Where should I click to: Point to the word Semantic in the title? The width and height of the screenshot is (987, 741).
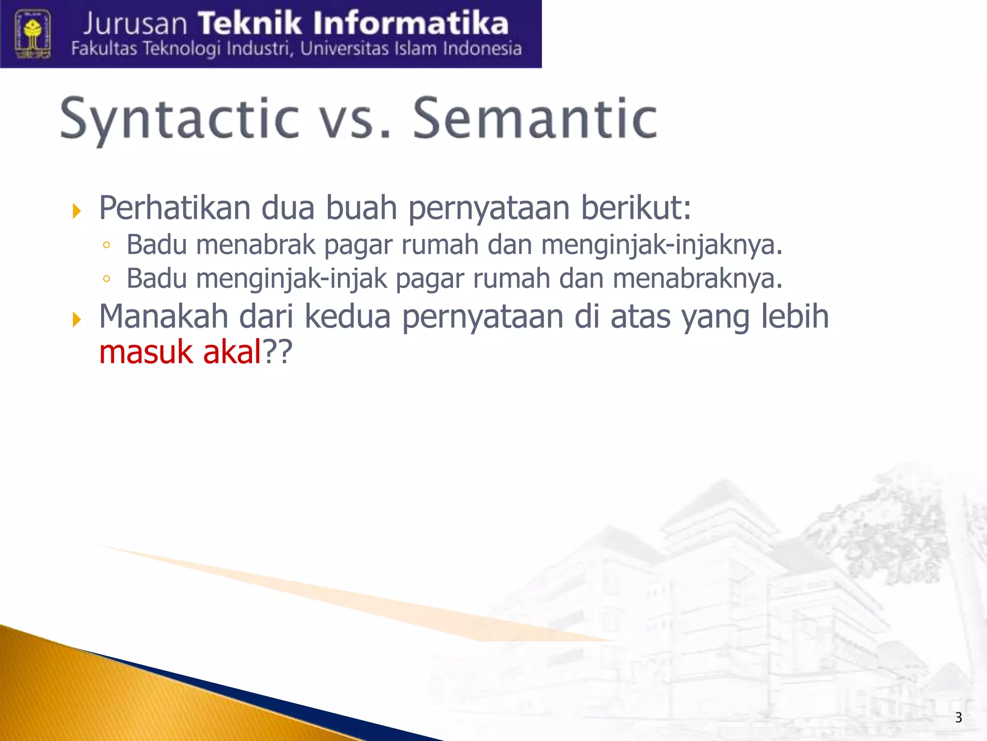[x=535, y=119]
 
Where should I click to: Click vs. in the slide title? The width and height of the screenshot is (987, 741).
[x=354, y=121]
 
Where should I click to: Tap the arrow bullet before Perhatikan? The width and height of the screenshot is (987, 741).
[x=76, y=211]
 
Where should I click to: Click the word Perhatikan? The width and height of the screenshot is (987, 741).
[x=175, y=208]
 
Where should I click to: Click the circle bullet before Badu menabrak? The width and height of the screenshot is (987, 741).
[x=107, y=245]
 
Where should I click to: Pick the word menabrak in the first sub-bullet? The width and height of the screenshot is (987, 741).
[x=255, y=244]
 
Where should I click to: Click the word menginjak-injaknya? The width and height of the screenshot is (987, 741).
[x=661, y=245]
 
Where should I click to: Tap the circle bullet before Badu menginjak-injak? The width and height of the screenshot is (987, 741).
[x=107, y=279]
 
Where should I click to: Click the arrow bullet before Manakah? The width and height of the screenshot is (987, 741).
[x=76, y=319]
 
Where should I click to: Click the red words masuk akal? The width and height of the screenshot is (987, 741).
[x=179, y=352]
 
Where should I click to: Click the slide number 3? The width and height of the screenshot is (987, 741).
[x=958, y=717]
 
